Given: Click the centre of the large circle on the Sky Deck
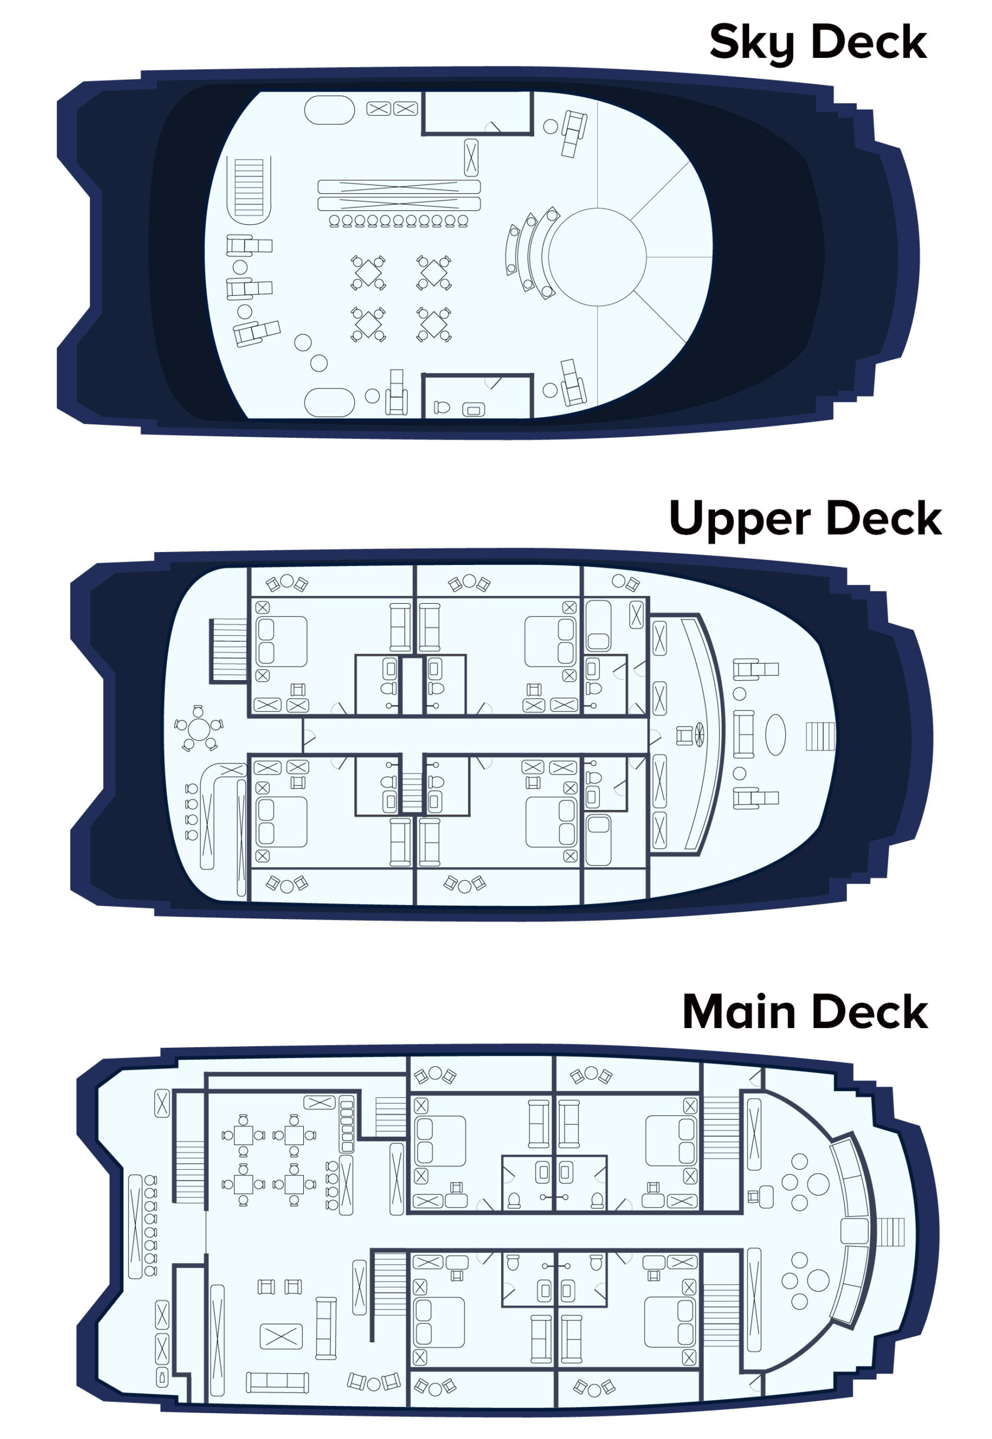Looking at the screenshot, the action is [597, 257].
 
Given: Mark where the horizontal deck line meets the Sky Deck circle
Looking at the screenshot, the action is [647, 257].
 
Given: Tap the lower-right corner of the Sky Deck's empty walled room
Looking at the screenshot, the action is [532, 134].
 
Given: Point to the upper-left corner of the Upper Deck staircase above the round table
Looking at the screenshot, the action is [210, 619].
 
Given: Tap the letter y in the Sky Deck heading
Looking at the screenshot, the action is [780, 47].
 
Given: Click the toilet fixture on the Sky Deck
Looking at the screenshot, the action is [442, 408].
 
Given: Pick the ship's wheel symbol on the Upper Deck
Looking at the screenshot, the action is [699, 735].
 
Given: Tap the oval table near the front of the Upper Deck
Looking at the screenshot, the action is [775, 735].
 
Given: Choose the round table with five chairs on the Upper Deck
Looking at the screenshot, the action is [199, 727].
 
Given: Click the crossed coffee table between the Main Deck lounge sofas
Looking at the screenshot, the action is [281, 1336].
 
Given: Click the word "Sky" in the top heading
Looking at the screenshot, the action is [753, 43].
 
